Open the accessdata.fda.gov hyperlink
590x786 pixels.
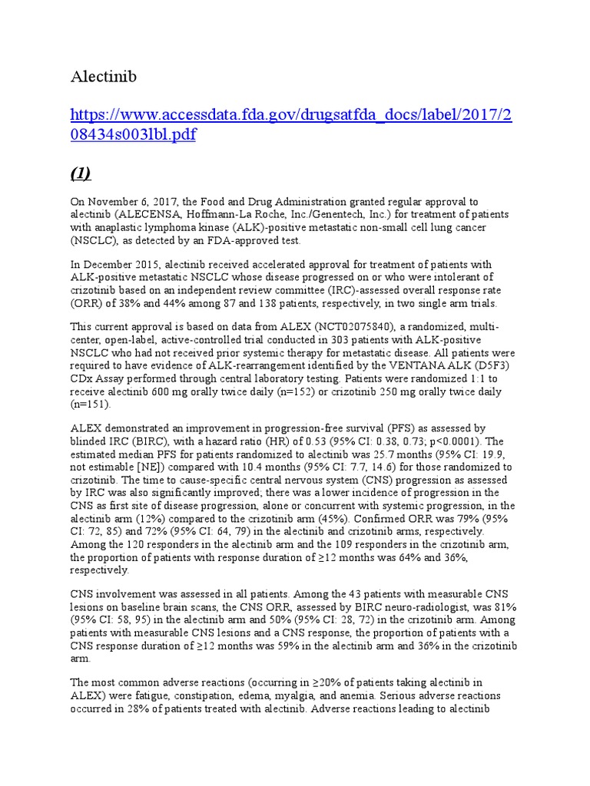tap(292, 125)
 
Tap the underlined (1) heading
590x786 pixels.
tap(81, 173)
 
